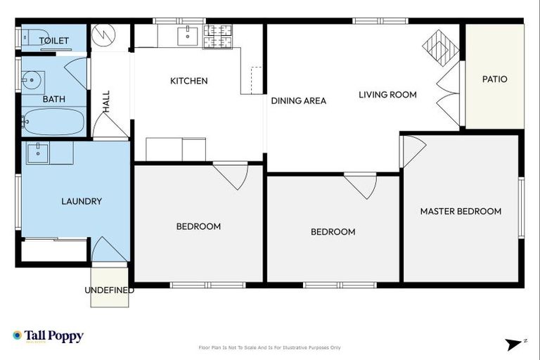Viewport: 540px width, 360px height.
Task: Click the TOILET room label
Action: coord(54,41)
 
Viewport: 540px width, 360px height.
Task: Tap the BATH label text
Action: coord(54,99)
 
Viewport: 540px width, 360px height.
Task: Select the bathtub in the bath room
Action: coord(53,122)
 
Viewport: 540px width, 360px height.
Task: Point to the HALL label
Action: coord(107,102)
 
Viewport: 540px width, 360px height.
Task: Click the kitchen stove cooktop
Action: coord(218,37)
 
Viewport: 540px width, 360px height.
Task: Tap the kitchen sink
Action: coord(188,35)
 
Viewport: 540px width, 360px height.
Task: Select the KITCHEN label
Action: coord(189,81)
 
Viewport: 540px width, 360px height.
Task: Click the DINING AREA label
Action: coord(299,101)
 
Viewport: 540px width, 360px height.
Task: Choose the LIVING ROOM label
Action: coord(387,94)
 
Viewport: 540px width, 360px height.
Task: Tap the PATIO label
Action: coord(494,79)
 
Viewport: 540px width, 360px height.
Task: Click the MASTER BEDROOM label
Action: coord(461,211)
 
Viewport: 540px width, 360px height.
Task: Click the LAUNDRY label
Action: coord(82,201)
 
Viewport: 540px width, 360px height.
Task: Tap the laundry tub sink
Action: coord(38,153)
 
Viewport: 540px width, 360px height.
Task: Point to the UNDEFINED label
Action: coord(109,290)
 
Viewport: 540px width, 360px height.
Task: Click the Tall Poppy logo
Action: coord(48,336)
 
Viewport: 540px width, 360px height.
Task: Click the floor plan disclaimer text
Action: coord(270,347)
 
